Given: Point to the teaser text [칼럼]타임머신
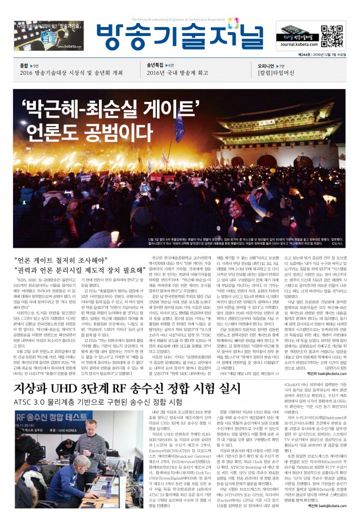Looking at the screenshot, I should (262, 74).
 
